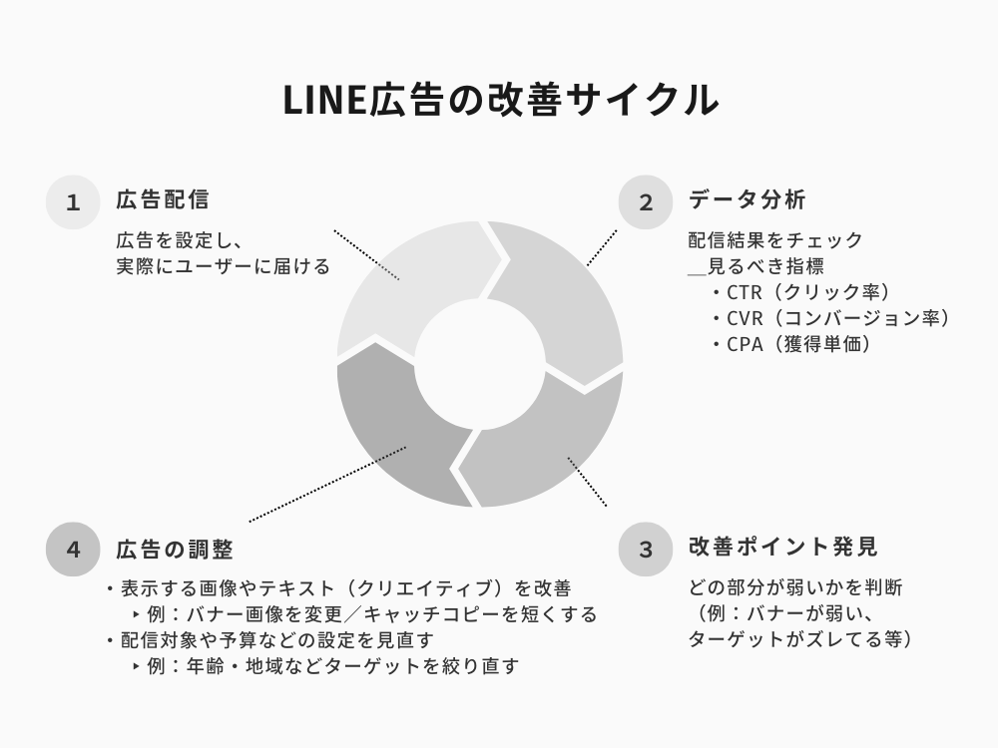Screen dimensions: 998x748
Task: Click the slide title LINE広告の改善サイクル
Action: (501, 100)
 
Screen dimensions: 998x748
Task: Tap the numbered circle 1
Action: (73, 202)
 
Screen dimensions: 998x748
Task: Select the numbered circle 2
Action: (646, 202)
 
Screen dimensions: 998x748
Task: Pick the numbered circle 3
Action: (646, 550)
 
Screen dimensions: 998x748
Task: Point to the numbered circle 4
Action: (73, 550)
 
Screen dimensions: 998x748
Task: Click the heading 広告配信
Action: (163, 199)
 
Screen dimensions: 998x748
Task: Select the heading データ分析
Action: (748, 199)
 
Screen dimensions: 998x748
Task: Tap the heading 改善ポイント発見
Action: (783, 547)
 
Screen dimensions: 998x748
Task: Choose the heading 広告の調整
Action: (175, 550)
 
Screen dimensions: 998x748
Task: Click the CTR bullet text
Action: (801, 292)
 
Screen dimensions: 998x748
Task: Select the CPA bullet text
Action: (791, 344)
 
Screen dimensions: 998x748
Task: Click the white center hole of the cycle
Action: (480, 364)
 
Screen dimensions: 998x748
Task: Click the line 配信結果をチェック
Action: (775, 240)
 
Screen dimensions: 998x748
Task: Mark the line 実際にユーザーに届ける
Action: (223, 266)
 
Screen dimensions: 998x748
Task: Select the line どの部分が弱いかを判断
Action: (795, 587)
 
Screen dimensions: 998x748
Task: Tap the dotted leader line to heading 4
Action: (327, 484)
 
